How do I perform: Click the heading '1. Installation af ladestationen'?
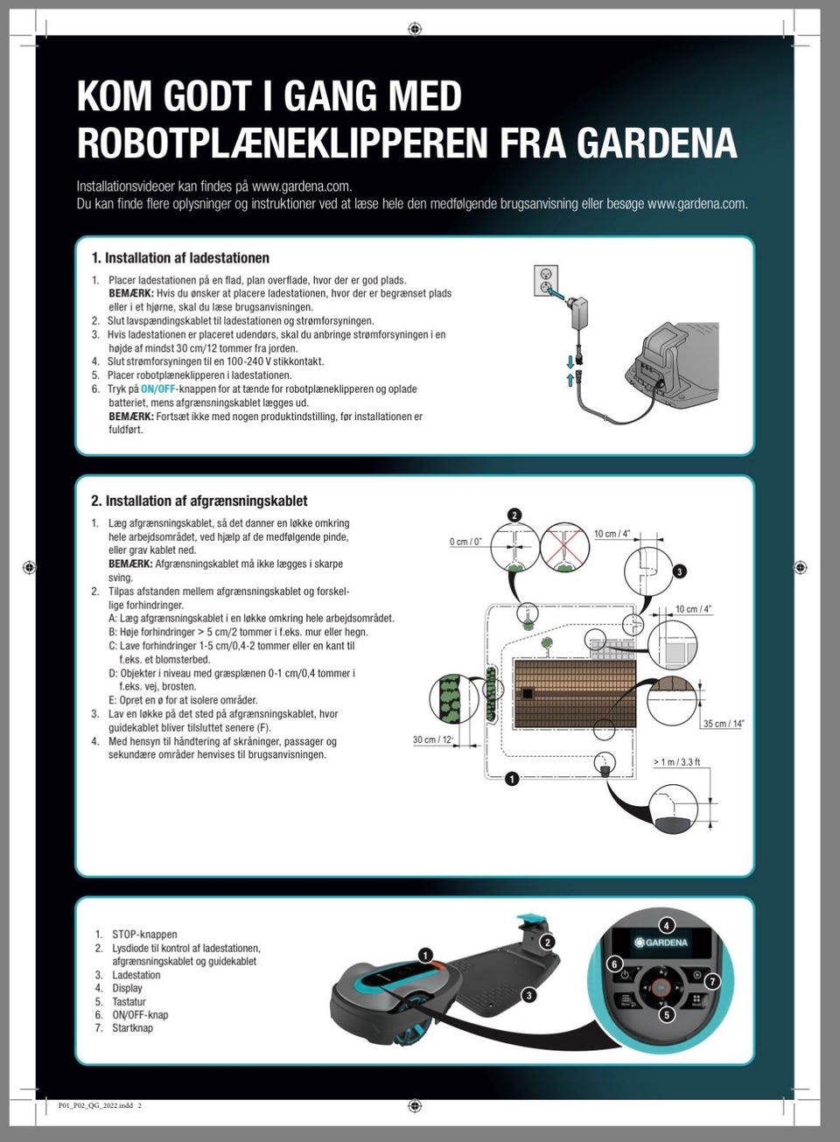point(180,258)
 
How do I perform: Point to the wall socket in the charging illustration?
point(546,281)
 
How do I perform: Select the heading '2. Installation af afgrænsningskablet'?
point(199,501)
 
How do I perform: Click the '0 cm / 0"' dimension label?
point(465,542)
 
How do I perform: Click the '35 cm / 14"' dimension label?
point(724,724)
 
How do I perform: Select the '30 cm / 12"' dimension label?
point(433,740)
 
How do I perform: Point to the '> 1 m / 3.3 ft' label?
point(677,762)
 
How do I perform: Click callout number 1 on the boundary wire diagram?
point(513,777)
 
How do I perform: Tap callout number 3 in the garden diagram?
point(679,571)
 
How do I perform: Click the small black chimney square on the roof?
point(527,693)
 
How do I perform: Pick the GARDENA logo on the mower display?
point(661,942)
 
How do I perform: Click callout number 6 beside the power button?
point(614,963)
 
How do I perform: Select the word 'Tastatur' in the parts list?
point(129,1002)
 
